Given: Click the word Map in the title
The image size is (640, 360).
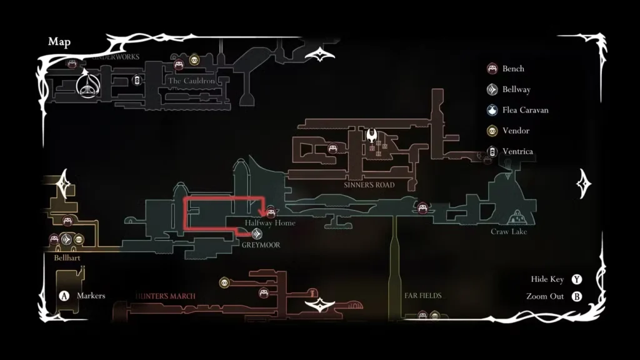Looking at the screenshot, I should (59, 42).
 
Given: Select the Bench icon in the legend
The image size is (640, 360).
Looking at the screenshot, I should (492, 69).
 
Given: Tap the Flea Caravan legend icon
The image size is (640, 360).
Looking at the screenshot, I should (492, 110).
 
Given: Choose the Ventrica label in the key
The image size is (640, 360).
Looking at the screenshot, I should (517, 151).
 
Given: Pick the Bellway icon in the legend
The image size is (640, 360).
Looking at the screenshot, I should (492, 89).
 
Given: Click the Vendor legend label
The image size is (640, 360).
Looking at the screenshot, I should (516, 131).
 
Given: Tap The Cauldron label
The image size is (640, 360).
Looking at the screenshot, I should (191, 81).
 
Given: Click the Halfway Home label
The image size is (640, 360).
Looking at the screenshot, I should (270, 223).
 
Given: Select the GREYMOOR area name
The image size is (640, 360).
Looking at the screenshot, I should (261, 245).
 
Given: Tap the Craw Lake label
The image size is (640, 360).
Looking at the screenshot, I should (509, 232).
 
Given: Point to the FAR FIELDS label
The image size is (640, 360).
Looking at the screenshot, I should (423, 296).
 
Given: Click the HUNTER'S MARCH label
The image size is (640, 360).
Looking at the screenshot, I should (165, 296).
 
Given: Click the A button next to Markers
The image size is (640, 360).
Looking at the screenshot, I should (64, 296).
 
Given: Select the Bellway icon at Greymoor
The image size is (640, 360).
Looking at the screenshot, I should (256, 234).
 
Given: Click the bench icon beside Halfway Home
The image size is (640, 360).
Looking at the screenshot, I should (271, 211).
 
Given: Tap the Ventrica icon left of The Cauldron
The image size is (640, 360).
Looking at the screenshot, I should (136, 80).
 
